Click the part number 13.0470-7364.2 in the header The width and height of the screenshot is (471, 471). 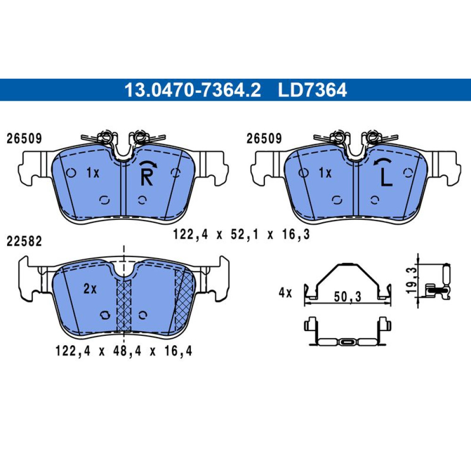coord(193,90)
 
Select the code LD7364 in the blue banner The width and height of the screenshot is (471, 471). coord(312,90)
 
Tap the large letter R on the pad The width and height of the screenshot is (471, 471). coord(146,177)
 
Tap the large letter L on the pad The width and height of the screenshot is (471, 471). coord(386,178)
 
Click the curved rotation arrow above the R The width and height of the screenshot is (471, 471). coord(148,163)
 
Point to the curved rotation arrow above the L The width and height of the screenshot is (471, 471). coord(382,162)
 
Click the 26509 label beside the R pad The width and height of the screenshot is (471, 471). coord(24,138)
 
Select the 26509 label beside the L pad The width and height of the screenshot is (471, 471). coord(264,138)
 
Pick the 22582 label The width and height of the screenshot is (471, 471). coord(24,241)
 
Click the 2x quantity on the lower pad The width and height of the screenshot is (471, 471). coord(90,289)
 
